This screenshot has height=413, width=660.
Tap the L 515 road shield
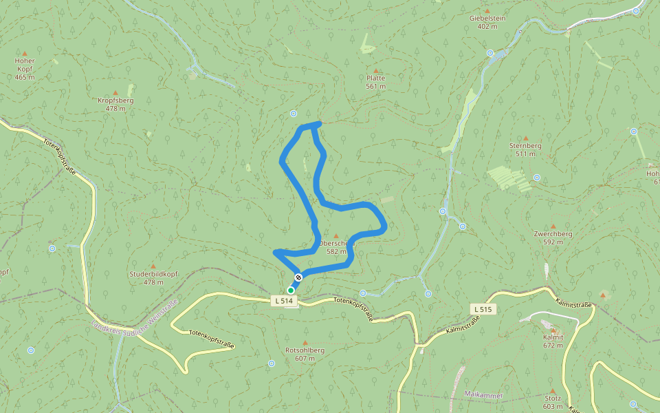tap(482, 309)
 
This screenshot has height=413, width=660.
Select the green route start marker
tap(291, 290)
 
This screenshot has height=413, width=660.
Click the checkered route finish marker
tap(298, 277)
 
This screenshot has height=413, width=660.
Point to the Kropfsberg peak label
tap(115, 100)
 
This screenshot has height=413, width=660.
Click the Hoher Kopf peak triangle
tap(25, 53)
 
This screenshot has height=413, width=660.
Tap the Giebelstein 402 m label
tap(487, 22)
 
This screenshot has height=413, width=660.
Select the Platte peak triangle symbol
tap(376, 70)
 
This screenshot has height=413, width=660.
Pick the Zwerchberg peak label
tap(553, 234)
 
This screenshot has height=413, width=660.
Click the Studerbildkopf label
tap(153, 274)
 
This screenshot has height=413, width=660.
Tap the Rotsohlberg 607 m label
tap(305, 354)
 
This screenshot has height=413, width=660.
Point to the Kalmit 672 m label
tap(553, 341)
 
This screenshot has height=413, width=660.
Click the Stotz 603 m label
tap(552, 402)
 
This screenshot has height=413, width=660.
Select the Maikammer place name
tap(484, 395)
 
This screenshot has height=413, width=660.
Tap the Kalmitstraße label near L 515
tap(462, 324)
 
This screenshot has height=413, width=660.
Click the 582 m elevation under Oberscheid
tap(336, 251)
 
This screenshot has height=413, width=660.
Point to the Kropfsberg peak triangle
tap(115, 92)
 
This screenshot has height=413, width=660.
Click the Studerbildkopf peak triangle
tap(153, 266)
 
